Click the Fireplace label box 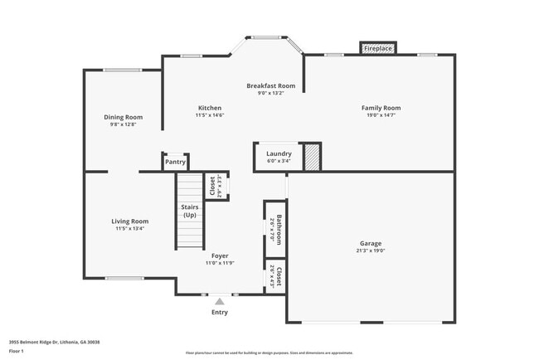[x=377, y=49]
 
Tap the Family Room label [x=381, y=108]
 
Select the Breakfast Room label [x=270, y=85]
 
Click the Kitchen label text [x=209, y=108]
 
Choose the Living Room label [x=130, y=221]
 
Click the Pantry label [x=175, y=162]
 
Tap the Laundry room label [x=278, y=154]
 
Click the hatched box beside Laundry [x=312, y=157]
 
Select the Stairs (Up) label [x=189, y=212]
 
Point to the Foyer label [x=220, y=256]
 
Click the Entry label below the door [x=220, y=312]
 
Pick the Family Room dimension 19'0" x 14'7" [x=381, y=116]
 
